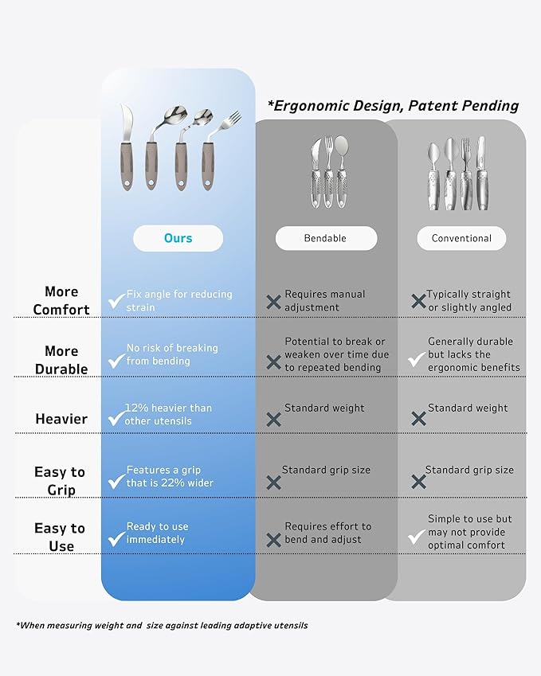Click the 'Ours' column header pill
pos(178,238)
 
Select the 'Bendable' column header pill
pos(326,238)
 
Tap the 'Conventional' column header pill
pos(461,238)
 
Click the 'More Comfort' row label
pos(61,300)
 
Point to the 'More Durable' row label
pos(61,360)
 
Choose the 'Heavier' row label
pos(61,419)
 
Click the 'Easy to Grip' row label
pos(60,481)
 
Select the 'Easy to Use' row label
pos(60,537)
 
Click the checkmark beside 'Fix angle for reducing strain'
pos(116,301)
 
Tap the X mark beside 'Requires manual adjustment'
pos(273,302)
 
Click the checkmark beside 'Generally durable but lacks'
pos(417,360)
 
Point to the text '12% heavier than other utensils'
pos(168,414)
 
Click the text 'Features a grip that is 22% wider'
pos(170,476)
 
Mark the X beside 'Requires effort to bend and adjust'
pos(273,540)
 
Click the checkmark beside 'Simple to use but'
pos(417,537)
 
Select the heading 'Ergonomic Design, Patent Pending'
pos(393,106)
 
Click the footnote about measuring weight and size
pos(162,625)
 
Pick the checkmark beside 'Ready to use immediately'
pos(116,538)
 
